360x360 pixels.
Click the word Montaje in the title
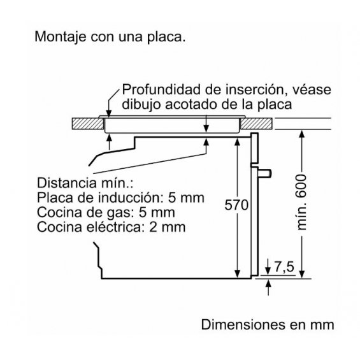(x=61, y=37)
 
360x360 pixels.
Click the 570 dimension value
(x=236, y=205)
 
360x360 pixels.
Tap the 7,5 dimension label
(x=284, y=267)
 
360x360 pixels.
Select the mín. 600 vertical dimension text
(x=301, y=202)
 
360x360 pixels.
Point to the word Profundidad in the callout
(x=161, y=90)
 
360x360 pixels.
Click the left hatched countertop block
(x=88, y=124)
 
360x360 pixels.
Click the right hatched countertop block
(x=256, y=124)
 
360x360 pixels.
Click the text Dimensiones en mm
(x=268, y=325)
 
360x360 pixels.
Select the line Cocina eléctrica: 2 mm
(x=111, y=227)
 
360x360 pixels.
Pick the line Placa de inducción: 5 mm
(x=120, y=198)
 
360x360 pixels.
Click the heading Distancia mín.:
(x=85, y=183)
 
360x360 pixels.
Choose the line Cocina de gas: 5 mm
(x=106, y=212)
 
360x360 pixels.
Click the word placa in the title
(x=166, y=37)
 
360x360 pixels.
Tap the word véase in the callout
(x=312, y=90)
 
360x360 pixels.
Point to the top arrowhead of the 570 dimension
(x=238, y=141)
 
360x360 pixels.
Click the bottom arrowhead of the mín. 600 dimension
(x=302, y=274)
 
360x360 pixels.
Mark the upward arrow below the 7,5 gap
(x=268, y=287)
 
